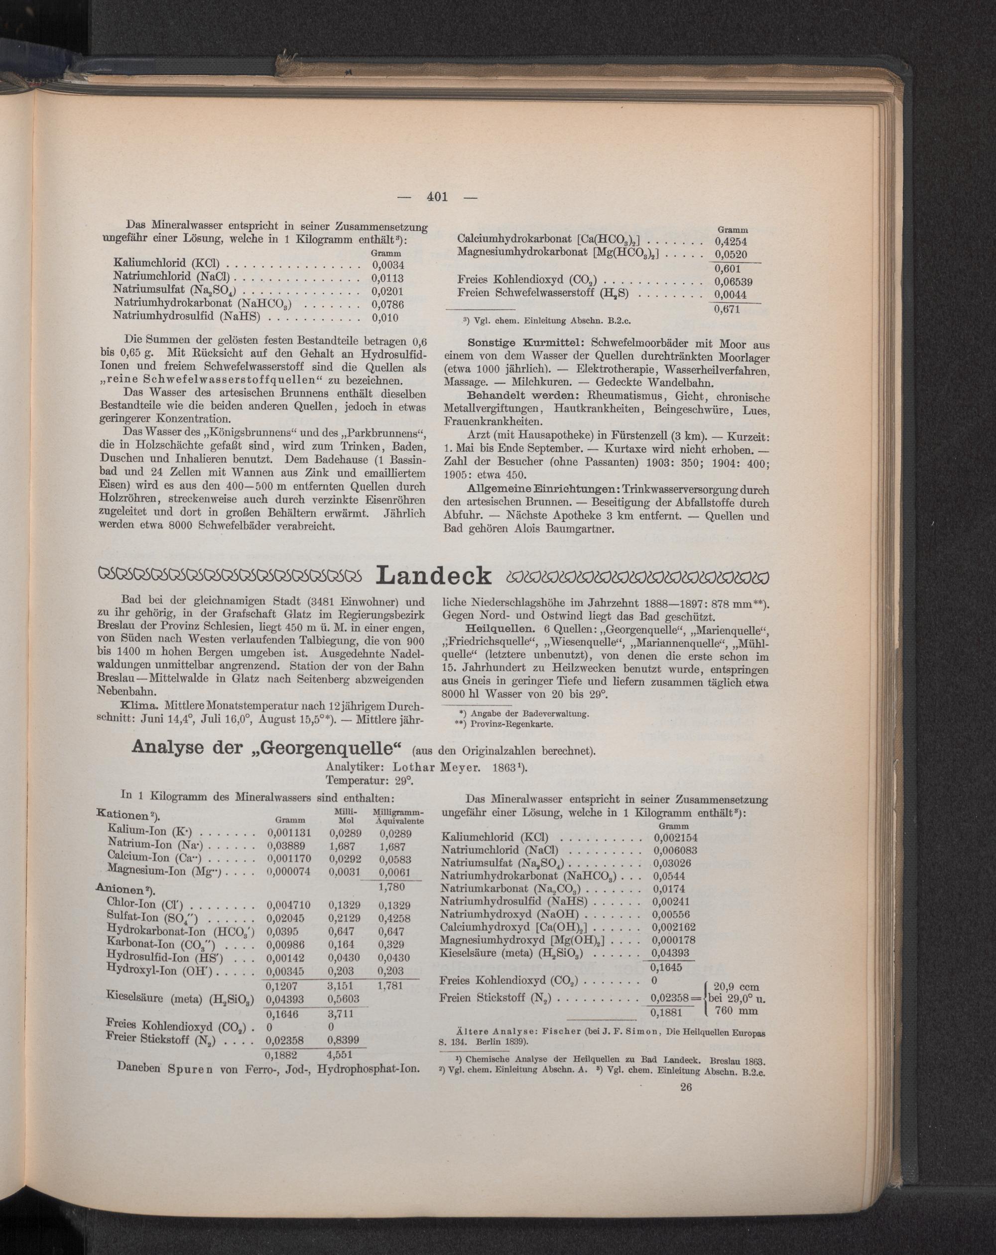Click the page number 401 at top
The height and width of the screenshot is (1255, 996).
click(x=437, y=197)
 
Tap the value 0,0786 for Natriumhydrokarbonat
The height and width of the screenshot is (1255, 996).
click(x=387, y=304)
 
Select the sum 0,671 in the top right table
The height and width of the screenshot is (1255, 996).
click(x=727, y=309)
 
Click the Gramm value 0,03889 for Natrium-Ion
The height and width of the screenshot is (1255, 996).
click(x=289, y=844)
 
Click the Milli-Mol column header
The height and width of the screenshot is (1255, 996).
click(x=345, y=816)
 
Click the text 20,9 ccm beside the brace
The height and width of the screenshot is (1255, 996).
click(x=737, y=988)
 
